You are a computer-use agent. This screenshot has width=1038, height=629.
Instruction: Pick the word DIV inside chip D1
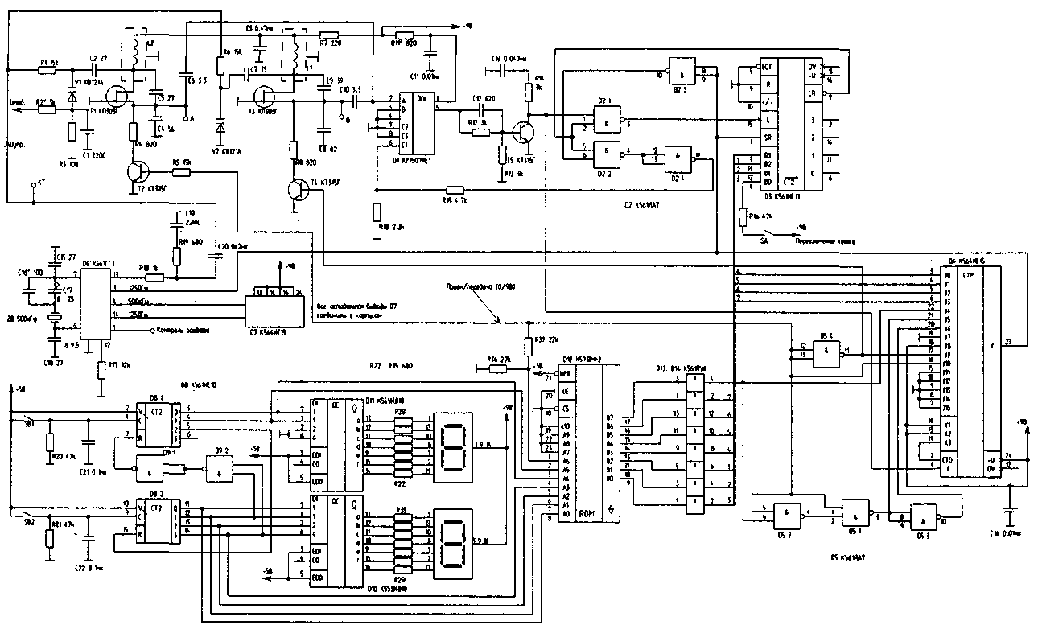(x=421, y=99)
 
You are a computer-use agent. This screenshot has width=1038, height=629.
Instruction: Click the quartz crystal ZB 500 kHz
(x=53, y=319)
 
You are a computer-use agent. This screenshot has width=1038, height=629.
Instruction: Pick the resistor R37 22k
(x=527, y=347)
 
